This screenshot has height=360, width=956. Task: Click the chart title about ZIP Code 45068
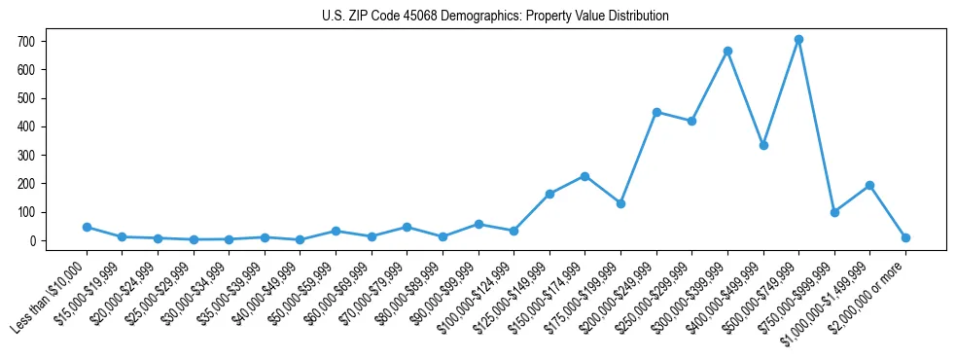495,16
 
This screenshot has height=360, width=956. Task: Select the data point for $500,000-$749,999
798,40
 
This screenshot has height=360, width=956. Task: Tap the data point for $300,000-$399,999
727,51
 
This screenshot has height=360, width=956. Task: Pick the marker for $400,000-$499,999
763,145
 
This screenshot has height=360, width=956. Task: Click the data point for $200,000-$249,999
656,112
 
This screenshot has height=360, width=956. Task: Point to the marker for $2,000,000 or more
905,237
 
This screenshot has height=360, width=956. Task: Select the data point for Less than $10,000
87,227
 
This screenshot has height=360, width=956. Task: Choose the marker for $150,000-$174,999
584,176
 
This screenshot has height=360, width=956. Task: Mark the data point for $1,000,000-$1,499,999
869,185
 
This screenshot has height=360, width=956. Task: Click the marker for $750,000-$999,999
834,212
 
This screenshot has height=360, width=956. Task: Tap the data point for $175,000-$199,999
620,203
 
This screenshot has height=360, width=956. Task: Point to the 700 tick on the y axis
26,42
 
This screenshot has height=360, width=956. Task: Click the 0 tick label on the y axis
32,240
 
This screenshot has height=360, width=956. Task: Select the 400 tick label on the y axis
26,126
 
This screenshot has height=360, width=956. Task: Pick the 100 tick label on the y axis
26,212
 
